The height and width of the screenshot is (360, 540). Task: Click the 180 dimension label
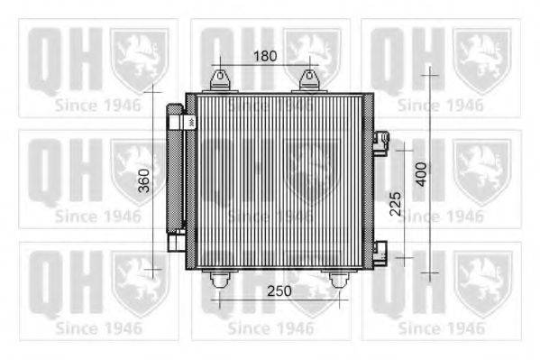pos(263,56)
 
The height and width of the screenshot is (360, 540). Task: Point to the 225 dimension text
pos(393,209)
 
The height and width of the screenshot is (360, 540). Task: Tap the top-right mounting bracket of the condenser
pos(309,81)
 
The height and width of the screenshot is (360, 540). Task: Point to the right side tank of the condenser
pos(369,180)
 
